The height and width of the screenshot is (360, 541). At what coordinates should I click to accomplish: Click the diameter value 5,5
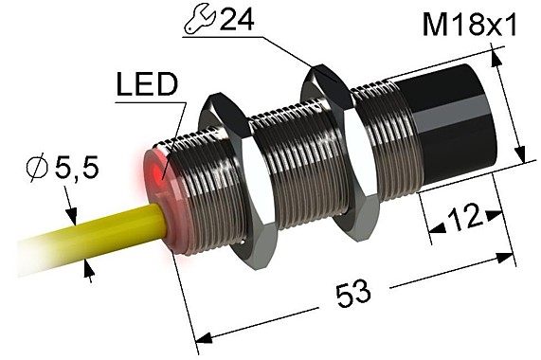click(78, 171)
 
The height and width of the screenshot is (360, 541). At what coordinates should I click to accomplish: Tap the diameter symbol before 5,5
click(36, 171)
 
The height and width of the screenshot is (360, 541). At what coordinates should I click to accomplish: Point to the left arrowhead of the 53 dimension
click(202, 338)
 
